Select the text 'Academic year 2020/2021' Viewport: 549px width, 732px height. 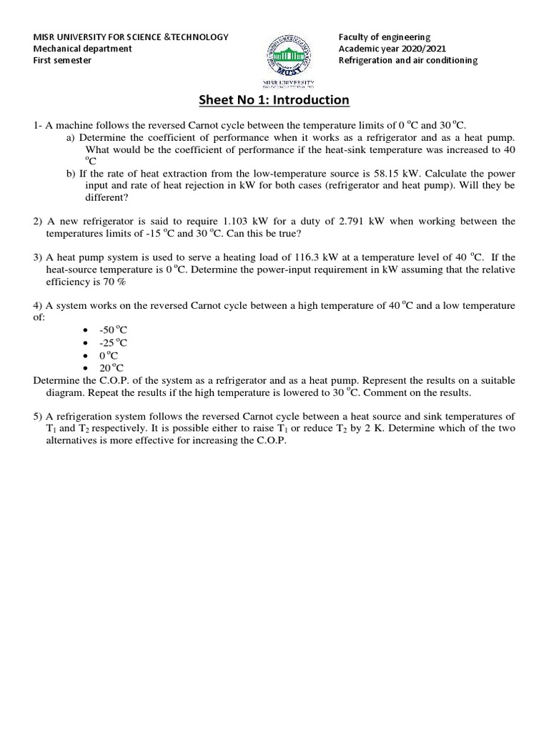click(x=390, y=49)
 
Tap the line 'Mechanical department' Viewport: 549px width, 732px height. click(x=83, y=49)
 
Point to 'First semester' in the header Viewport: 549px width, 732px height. click(x=63, y=60)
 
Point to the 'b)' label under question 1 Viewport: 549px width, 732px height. click(x=71, y=174)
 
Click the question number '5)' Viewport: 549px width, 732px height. click(x=38, y=416)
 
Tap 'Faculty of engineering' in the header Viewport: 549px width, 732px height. click(x=385, y=37)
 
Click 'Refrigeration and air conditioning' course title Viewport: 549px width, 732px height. click(x=408, y=60)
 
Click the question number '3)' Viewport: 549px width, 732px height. click(x=38, y=257)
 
